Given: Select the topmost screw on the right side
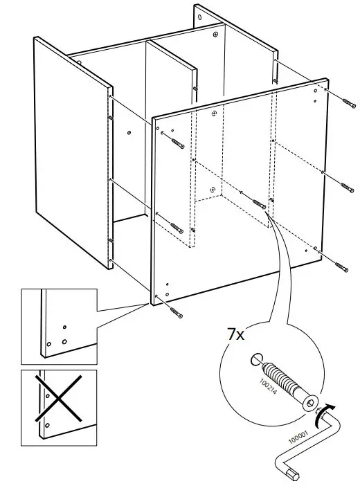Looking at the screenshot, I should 346,102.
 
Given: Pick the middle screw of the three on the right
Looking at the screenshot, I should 346,186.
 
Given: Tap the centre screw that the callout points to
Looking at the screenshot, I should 260,205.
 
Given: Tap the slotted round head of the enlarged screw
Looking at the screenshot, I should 253,359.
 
